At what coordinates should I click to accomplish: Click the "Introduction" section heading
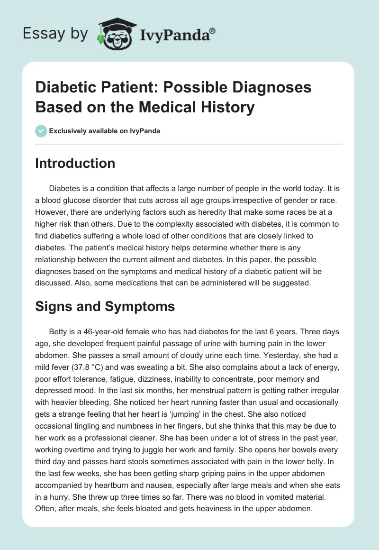click(x=75, y=163)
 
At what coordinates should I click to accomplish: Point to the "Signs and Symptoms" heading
click(x=105, y=306)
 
